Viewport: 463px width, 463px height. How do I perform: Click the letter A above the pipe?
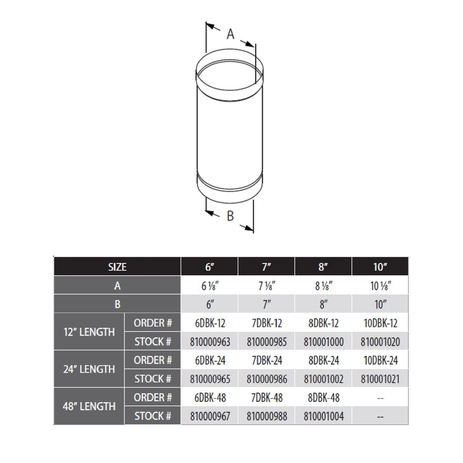230,34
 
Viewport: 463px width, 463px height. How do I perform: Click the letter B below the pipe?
230,216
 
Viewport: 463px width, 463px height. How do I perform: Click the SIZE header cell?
117,267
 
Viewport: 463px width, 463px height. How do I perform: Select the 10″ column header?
380,267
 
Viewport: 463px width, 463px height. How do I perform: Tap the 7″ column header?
266,267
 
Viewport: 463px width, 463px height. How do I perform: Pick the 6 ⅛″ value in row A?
210,286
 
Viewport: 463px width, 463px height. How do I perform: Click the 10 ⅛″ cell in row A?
380,286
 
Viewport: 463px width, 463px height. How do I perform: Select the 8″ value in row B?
323,304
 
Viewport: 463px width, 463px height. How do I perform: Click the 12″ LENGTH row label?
89,332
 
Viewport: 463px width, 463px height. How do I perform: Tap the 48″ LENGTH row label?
89,406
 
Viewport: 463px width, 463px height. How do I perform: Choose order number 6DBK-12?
210,323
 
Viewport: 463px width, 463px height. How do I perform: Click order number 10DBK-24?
380,360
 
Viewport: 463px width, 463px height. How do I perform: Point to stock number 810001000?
323,342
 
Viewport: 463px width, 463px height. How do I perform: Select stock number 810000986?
267,379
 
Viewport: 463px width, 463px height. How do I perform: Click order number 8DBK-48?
323,398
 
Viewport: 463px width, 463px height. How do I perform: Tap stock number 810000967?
210,416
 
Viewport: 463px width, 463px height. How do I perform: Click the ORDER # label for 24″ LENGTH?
152,360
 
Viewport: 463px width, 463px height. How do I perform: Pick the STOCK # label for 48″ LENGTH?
152,416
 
